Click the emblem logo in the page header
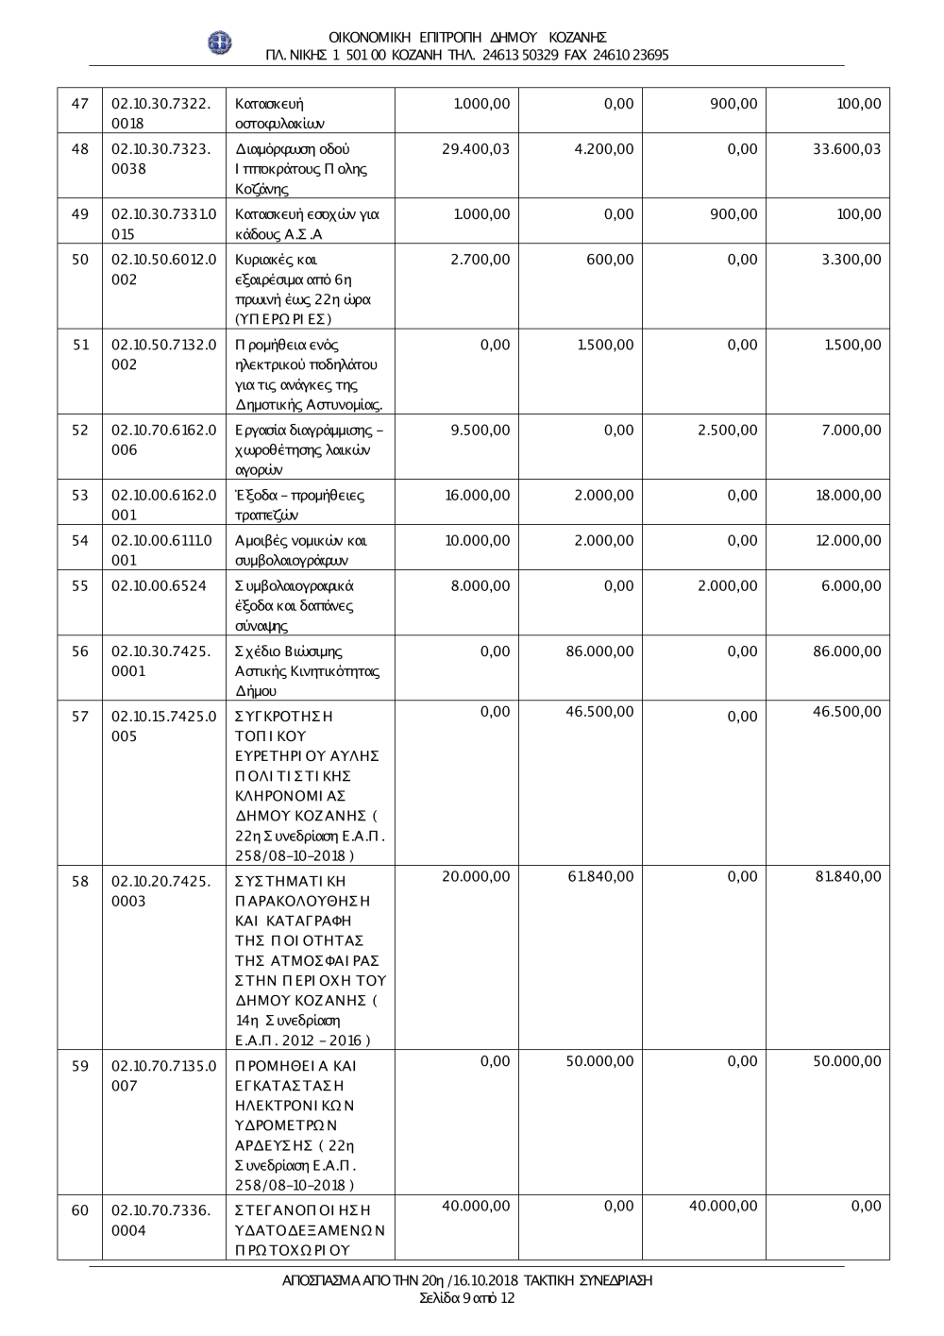tap(220, 43)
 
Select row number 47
tap(80, 103)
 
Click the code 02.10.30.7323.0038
tap(160, 159)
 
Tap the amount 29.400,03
tap(475, 149)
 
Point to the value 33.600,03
tap(846, 149)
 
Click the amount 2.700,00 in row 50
tap(480, 260)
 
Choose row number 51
tap(80, 345)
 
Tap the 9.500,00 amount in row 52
tap(480, 431)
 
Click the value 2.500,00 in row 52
tap(727, 431)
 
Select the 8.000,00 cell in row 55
tap(480, 585)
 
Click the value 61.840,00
tap(600, 876)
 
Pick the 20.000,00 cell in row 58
tap(476, 876)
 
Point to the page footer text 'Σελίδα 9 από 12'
tap(467, 1298)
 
